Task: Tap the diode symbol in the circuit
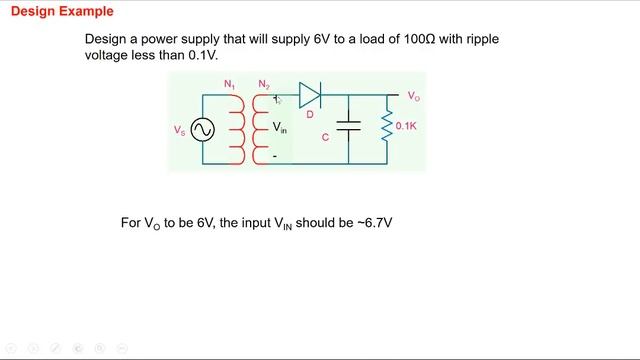coord(309,96)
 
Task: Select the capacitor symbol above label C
coord(348,128)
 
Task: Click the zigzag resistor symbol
coord(387,127)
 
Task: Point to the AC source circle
coord(203,130)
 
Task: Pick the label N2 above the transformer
coord(264,84)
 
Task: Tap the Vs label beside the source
coord(180,130)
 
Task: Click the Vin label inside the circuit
coord(280,128)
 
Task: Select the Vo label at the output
coord(413,96)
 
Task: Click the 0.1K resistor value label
coord(407,127)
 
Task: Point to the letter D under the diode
coord(310,114)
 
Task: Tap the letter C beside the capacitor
coord(325,138)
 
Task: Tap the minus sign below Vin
coord(275,156)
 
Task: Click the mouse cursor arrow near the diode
coord(279,100)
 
